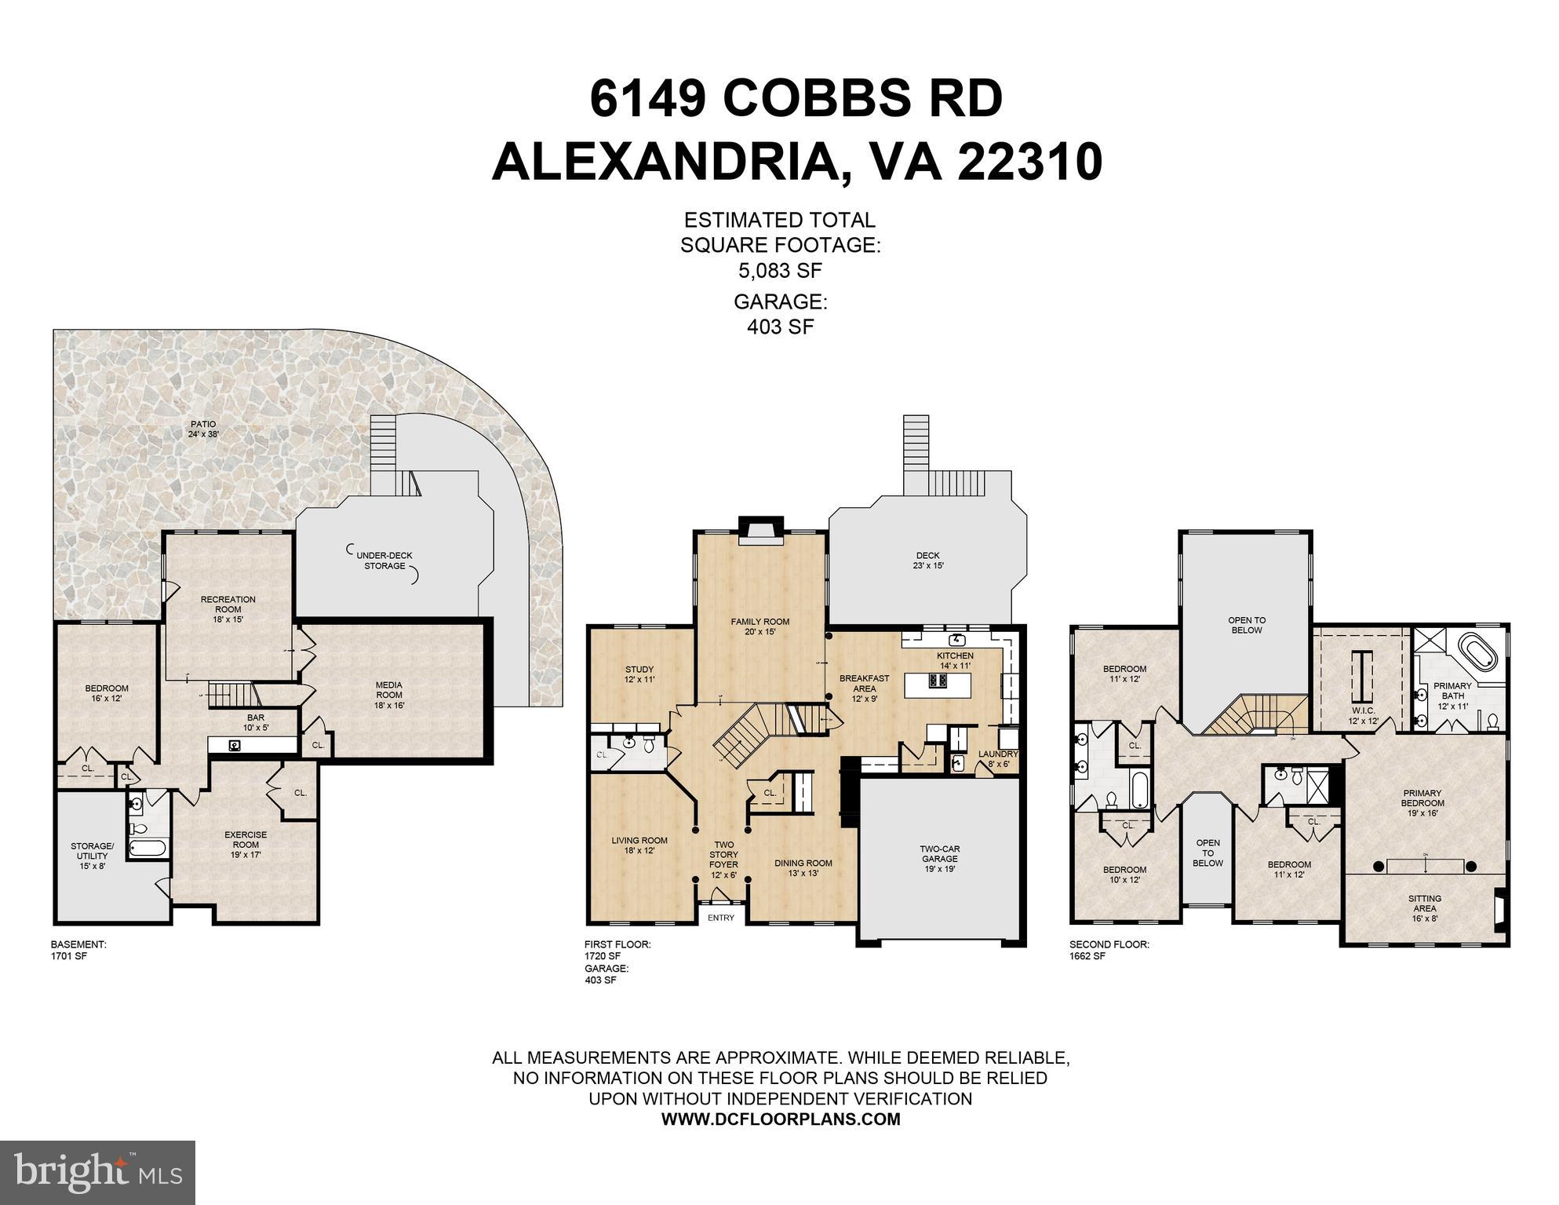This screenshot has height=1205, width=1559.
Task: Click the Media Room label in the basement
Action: tap(388, 695)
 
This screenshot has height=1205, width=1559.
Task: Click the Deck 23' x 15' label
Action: tap(927, 560)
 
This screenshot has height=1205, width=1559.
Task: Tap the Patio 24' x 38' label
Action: tap(202, 429)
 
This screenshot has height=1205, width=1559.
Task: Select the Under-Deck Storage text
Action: tap(384, 561)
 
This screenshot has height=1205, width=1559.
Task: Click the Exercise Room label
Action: tap(245, 839)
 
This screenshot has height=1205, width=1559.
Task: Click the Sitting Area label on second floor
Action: tap(1424, 908)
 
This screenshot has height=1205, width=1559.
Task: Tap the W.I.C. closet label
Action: tap(1363, 715)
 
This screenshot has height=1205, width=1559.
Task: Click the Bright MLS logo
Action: tap(97, 1173)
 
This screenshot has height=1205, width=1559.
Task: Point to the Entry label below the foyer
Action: tap(720, 918)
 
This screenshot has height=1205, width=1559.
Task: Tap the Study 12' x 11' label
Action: tap(639, 674)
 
